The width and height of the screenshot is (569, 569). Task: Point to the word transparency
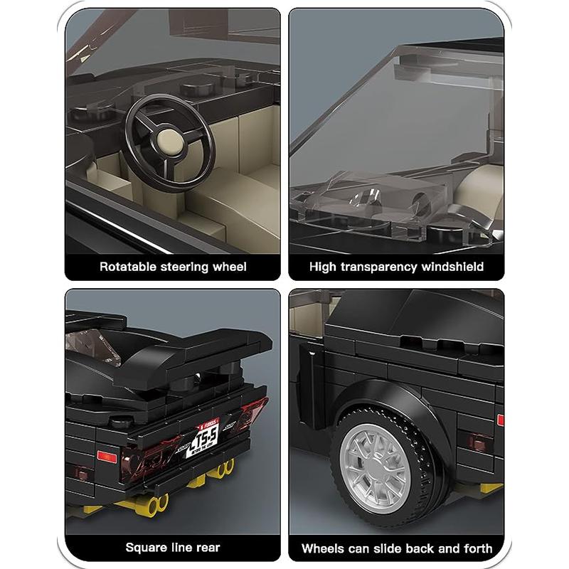(x=383, y=267)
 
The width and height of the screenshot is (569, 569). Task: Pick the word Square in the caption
(x=146, y=548)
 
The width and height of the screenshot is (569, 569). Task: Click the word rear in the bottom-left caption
(x=206, y=548)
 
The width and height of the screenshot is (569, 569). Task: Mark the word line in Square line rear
(x=179, y=548)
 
